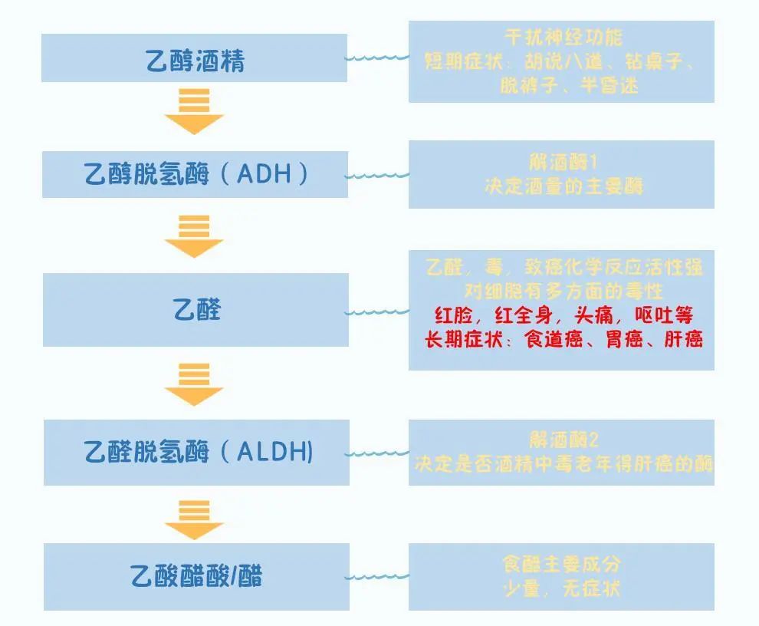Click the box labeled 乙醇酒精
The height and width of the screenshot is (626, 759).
(x=195, y=58)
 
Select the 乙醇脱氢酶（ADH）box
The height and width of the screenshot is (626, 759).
(x=195, y=175)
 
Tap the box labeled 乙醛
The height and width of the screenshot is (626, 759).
(x=196, y=310)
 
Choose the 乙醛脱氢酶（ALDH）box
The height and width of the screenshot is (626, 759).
(x=196, y=453)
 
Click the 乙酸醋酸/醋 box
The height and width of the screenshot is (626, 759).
(x=196, y=576)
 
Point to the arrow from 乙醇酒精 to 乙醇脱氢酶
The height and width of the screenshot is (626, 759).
(x=194, y=112)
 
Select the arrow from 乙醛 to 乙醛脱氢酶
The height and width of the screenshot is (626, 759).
(x=194, y=384)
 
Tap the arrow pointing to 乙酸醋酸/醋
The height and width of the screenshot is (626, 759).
(x=194, y=519)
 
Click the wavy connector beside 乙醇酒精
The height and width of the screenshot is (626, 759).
(x=377, y=58)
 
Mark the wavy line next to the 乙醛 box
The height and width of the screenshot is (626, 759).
(x=377, y=312)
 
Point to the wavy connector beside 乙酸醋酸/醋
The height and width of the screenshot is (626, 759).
(x=377, y=576)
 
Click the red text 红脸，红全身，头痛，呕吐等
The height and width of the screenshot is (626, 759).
(x=563, y=315)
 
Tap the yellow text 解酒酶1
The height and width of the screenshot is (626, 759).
(x=563, y=163)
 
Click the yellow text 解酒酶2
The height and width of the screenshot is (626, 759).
(x=563, y=440)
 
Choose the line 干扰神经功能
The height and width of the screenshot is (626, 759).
(x=563, y=37)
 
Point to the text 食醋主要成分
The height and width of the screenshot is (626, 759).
(x=561, y=565)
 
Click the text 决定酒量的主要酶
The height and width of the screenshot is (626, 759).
(x=563, y=186)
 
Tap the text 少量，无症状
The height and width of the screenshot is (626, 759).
(x=561, y=589)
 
